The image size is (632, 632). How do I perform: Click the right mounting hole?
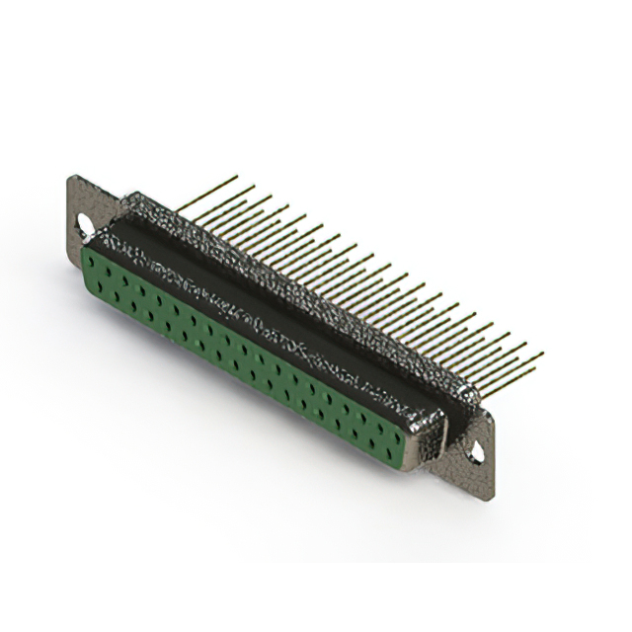[479, 453]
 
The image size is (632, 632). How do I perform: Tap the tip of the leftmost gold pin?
[236, 177]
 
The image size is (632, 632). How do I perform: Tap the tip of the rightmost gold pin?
[541, 354]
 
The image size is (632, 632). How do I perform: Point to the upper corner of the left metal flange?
[71, 179]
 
